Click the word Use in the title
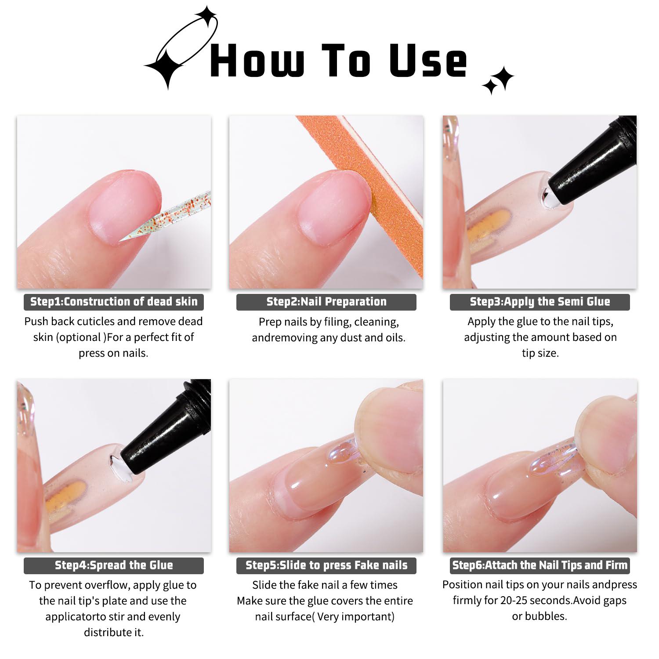coord(428,62)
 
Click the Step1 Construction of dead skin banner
coord(113,302)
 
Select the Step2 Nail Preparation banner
coord(326,302)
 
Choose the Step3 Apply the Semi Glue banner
coord(540,302)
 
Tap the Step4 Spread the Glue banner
coord(113,565)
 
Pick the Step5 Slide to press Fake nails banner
coord(326,565)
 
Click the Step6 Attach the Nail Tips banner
coord(540,565)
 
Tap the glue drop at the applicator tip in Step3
coord(548,198)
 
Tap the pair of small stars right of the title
coord(499,80)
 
